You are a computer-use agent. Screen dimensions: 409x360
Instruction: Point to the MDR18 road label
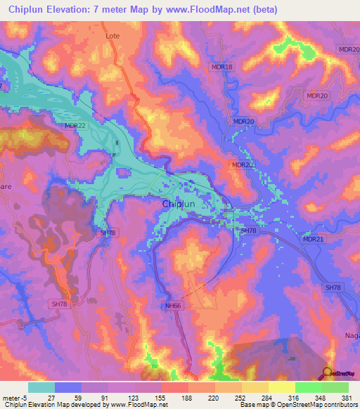click(221, 67)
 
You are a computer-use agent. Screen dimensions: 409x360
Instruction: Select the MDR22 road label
click(75, 126)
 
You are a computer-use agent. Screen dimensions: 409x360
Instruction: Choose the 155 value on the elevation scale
click(162, 397)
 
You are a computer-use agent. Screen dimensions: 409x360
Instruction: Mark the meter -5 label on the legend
click(16, 397)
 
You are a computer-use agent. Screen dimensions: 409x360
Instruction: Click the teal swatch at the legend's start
click(41, 387)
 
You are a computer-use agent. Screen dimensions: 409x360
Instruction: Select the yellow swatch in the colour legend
click(282, 387)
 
